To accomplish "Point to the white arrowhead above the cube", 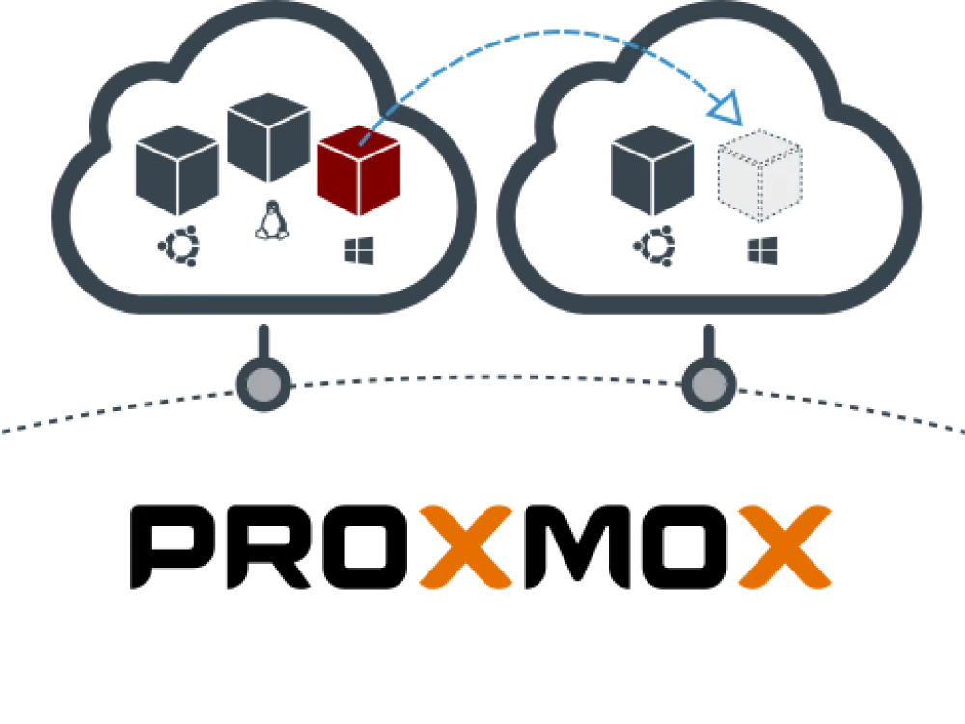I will pyautogui.click(x=726, y=109).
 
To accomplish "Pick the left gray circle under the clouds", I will pyautogui.click(x=263, y=385).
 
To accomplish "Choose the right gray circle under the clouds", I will pyautogui.click(x=709, y=385).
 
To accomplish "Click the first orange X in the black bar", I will pyautogui.click(x=465, y=547).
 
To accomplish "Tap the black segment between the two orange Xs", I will pyautogui.click(x=627, y=547).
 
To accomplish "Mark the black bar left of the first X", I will pyautogui.click(x=270, y=547).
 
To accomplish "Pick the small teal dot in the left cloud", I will pyautogui.click(x=180, y=244).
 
